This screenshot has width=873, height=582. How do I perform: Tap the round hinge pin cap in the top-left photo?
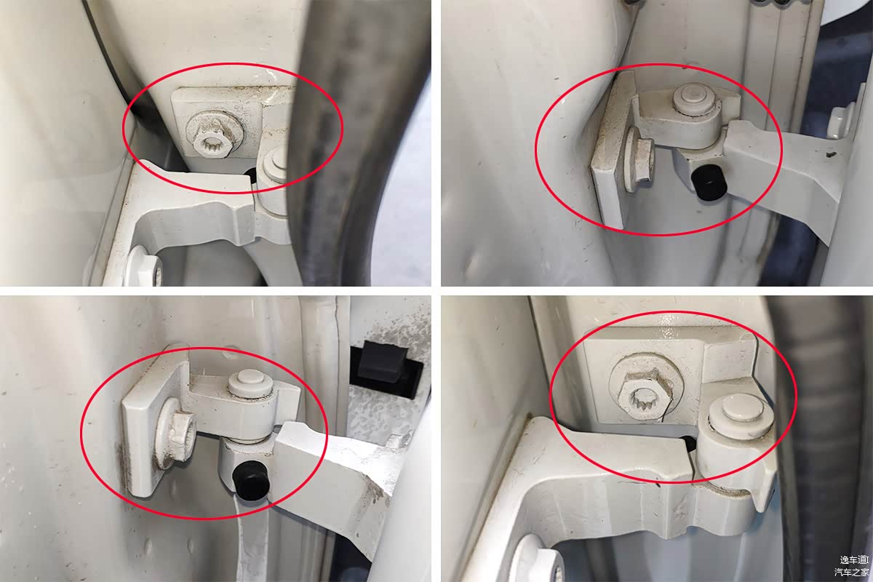[275, 164]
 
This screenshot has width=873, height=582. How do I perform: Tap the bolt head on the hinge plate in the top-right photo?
[641, 161]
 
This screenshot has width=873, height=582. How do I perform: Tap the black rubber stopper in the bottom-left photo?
[251, 477]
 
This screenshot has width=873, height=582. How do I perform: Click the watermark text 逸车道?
[853, 559]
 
